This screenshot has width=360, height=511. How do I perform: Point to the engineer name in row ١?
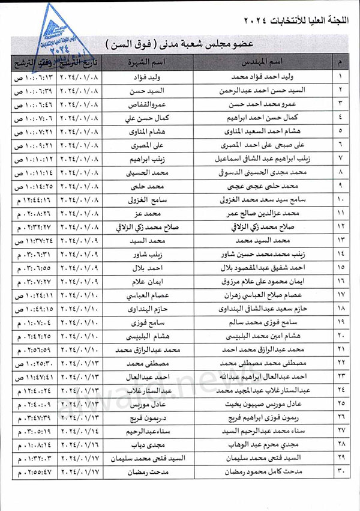click(x=276, y=77)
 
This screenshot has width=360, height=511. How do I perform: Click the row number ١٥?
click(x=341, y=267)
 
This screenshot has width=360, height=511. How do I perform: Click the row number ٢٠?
click(x=341, y=335)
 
